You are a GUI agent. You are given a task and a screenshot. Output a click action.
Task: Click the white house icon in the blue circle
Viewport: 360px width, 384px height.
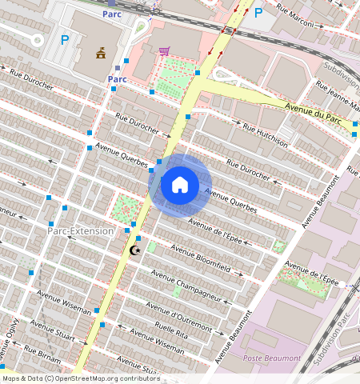pyautogui.click(x=180, y=185)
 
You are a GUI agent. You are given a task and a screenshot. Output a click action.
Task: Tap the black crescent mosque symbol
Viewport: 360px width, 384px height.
pyautogui.click(x=134, y=250)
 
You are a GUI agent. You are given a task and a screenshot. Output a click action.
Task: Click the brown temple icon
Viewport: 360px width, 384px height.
pyautogui.click(x=101, y=54)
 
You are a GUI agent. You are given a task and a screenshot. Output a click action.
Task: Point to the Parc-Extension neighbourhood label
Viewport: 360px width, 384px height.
pyautogui.click(x=80, y=230)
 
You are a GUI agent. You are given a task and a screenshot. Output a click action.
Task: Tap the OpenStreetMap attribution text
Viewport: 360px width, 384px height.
pyautogui.click(x=80, y=378)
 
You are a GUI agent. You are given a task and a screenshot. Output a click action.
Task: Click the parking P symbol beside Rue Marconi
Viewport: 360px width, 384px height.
pyautogui.click(x=258, y=13)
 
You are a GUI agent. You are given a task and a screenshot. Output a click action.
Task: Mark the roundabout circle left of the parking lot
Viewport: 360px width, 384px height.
pyautogui.click(x=37, y=40)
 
